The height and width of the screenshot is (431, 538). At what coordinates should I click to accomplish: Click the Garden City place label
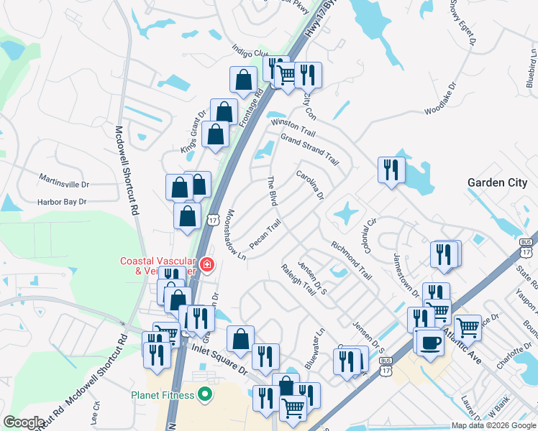(497, 182)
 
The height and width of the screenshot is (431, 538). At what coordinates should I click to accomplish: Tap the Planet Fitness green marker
(205, 394)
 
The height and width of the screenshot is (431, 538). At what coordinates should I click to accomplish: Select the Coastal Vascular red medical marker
(207, 265)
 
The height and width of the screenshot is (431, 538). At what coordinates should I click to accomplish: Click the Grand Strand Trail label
(309, 149)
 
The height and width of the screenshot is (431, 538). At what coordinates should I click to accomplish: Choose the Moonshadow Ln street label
(237, 235)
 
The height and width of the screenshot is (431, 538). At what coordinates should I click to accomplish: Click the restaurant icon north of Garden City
(391, 170)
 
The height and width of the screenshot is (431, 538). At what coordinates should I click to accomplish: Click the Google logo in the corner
(24, 422)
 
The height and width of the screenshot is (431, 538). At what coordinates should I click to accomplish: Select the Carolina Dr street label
(310, 185)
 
